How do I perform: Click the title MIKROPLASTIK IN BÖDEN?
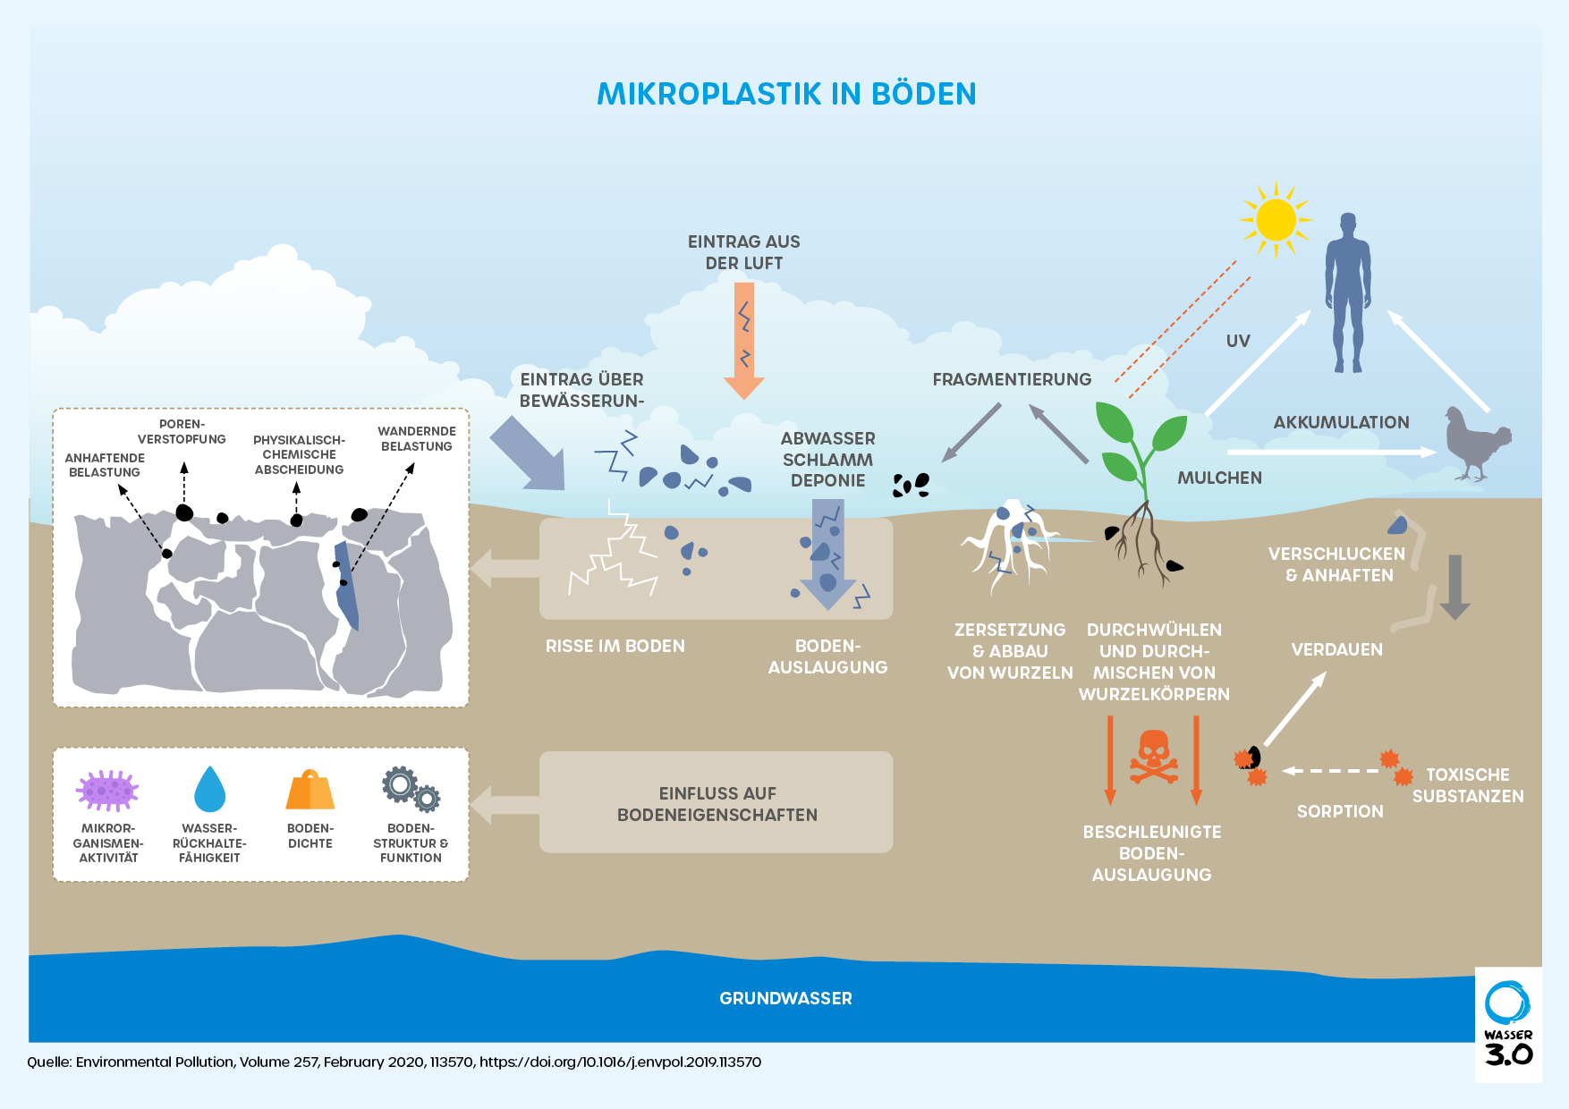[786, 94]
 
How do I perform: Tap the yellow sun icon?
[1276, 220]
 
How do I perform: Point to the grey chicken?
[1476, 443]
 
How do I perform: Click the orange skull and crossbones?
[1153, 758]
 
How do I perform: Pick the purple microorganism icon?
[107, 790]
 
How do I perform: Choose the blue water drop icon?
[209, 789]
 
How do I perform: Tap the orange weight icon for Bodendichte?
[310, 790]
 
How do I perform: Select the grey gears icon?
[411, 788]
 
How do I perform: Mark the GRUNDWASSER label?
[785, 998]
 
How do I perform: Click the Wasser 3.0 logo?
[1508, 1024]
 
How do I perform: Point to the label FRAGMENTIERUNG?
[1012, 379]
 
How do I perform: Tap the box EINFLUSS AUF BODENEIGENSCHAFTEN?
[717, 802]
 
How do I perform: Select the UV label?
[1238, 341]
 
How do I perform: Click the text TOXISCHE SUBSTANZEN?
[1467, 785]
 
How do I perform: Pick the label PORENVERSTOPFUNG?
[182, 431]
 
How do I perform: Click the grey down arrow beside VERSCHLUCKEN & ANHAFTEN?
[1455, 587]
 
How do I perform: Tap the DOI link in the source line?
[620, 1062]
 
